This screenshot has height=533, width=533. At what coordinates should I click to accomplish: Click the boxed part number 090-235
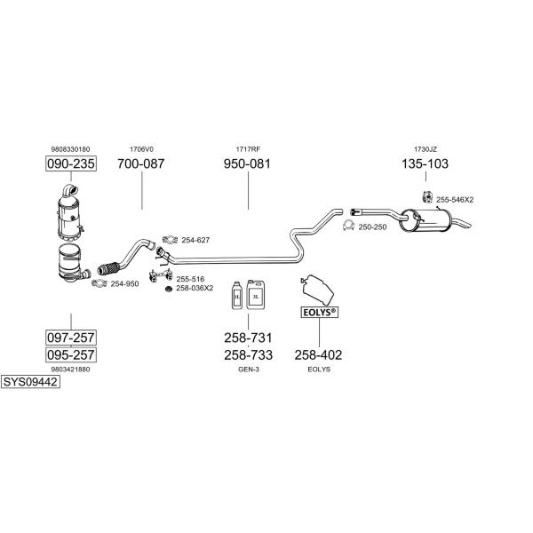pos(71,163)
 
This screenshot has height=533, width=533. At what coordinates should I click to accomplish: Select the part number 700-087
pos(141,163)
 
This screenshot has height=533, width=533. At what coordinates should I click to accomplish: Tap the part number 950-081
pos(247,163)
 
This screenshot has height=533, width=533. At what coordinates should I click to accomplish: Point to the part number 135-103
pos(425,163)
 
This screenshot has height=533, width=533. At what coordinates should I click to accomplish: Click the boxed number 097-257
pos(71,338)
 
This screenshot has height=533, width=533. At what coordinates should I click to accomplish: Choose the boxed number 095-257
pos(71,354)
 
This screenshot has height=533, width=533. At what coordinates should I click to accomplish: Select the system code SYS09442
pos(30,382)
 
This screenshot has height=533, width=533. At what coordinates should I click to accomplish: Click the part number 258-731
pos(248,338)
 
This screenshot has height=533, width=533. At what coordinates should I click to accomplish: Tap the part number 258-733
pos(248,355)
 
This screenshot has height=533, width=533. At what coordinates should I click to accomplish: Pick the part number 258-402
pos(319,355)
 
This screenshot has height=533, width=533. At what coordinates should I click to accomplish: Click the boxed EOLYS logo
pos(320,313)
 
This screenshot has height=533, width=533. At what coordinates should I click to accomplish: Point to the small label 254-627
pos(195,240)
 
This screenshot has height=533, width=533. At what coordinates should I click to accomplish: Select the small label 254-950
pos(124,284)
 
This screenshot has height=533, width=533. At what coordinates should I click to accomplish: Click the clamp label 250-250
pos(372,227)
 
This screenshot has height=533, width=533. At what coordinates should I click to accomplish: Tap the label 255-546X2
pos(455,200)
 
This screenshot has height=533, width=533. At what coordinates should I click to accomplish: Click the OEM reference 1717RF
pos(248,149)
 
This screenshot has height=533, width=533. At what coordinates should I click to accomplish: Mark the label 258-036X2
pos(195,288)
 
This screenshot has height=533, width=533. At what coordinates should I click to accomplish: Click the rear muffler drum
pos(425,221)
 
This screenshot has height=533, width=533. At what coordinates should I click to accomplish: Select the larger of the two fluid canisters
pos(256,295)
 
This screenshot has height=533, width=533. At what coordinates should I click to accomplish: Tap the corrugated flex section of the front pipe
pos(108,268)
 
